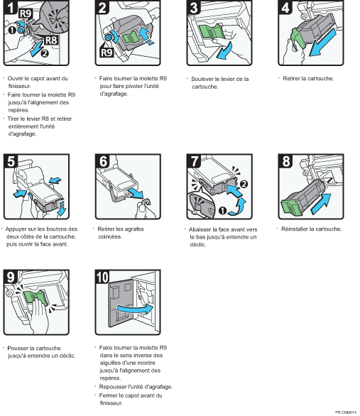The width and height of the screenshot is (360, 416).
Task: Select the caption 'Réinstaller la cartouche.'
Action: tap(311, 229)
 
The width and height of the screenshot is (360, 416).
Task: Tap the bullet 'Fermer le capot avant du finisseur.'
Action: tap(131, 399)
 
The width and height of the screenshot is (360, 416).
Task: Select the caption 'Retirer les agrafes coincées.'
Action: tap(121, 233)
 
